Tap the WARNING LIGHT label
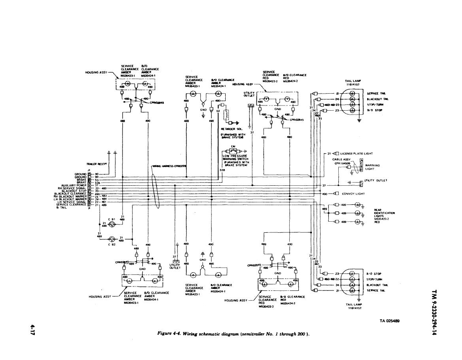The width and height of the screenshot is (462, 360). (x=372, y=167)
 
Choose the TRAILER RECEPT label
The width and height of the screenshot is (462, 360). (x=95, y=164)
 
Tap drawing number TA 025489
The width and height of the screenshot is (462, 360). (x=389, y=321)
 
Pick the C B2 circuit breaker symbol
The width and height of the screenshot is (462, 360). (x=112, y=239)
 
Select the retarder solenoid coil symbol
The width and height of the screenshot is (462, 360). (x=227, y=115)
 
